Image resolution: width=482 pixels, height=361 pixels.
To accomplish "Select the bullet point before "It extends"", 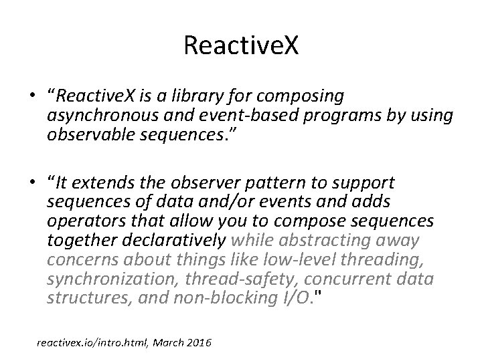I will [31, 183].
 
